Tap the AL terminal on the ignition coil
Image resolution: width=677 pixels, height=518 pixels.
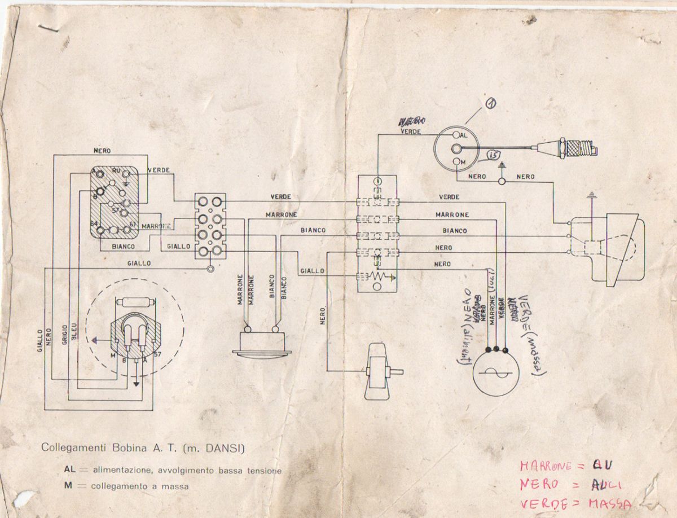456,135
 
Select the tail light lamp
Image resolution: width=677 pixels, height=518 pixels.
261,343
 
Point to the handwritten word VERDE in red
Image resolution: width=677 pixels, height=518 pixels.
538,503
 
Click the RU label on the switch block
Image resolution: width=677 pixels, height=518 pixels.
116,170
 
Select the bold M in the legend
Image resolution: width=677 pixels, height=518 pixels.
67,485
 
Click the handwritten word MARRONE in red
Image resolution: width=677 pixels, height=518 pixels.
544,467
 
